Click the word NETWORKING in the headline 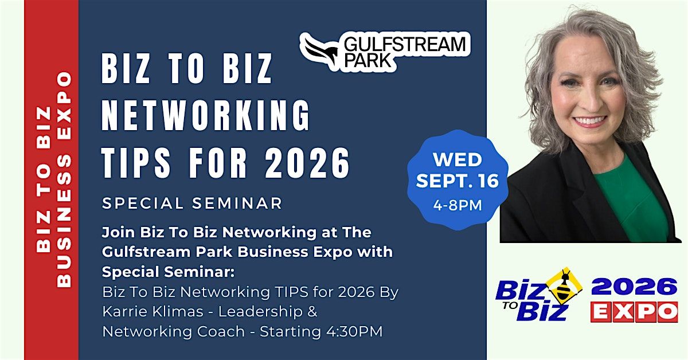pyautogui.click(x=205, y=115)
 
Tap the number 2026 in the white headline pyautogui.click(x=307, y=162)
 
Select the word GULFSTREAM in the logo pyautogui.click(x=405, y=44)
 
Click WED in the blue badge pyautogui.click(x=458, y=160)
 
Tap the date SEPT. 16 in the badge pyautogui.click(x=458, y=181)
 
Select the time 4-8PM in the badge pyautogui.click(x=458, y=205)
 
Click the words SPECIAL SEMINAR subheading pyautogui.click(x=192, y=204)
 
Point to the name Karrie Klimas pyautogui.click(x=153, y=311)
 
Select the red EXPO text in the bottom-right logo pyautogui.click(x=634, y=312)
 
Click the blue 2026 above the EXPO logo pyautogui.click(x=634, y=287)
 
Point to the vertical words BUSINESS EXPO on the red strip pyautogui.click(x=64, y=179)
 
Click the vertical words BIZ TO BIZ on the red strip pyautogui.click(x=44, y=179)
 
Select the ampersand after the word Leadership pyautogui.click(x=312, y=311)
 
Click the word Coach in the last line pyautogui.click(x=221, y=331)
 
